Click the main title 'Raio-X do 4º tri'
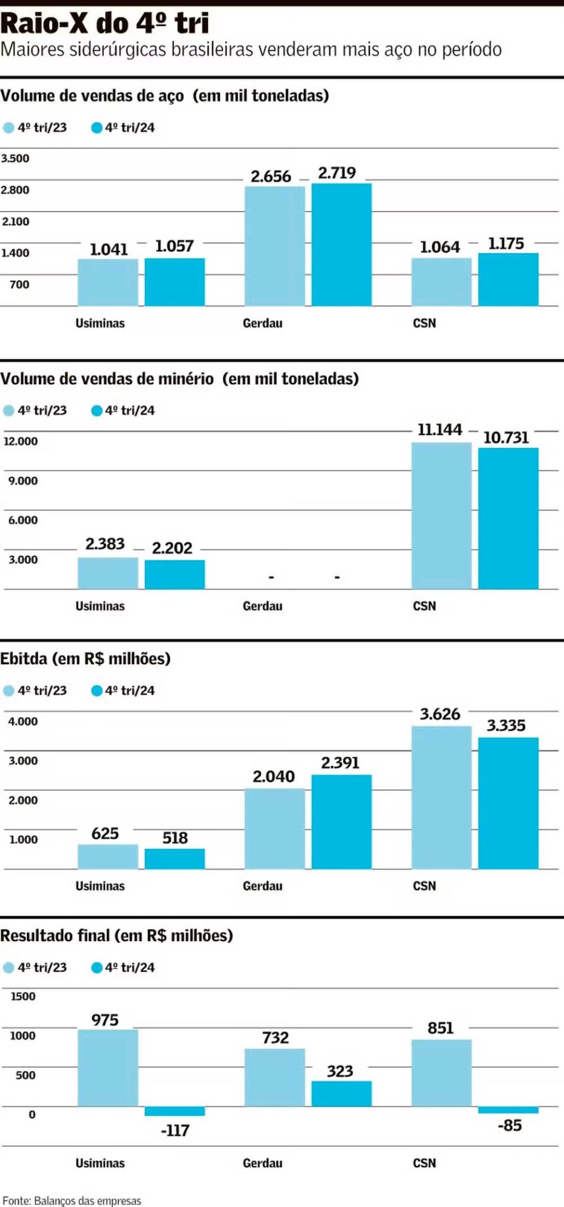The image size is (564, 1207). click(x=105, y=24)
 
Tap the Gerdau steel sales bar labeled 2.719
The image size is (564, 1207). click(x=341, y=245)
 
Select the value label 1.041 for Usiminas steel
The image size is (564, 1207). click(x=108, y=249)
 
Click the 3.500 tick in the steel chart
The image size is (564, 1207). click(x=15, y=159)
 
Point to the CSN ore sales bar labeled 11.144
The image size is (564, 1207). click(x=441, y=516)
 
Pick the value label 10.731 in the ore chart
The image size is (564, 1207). click(x=506, y=437)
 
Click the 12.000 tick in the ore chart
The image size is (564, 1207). click(x=21, y=441)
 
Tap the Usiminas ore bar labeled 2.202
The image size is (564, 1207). click(x=174, y=575)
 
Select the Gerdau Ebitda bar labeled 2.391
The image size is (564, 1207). click(x=341, y=822)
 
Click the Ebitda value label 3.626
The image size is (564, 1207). click(x=440, y=714)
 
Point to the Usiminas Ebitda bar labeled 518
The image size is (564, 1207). click(x=174, y=859)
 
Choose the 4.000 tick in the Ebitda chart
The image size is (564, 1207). click(x=23, y=721)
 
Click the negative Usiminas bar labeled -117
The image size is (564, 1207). click(x=174, y=1111)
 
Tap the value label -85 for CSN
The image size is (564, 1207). click(x=510, y=1125)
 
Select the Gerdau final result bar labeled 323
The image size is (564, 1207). click(x=341, y=1093)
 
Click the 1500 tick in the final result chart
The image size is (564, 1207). click(x=23, y=997)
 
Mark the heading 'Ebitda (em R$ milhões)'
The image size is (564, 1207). click(x=85, y=658)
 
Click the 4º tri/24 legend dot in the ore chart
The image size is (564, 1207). click(x=97, y=410)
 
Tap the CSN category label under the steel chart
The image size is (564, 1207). click(x=424, y=323)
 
